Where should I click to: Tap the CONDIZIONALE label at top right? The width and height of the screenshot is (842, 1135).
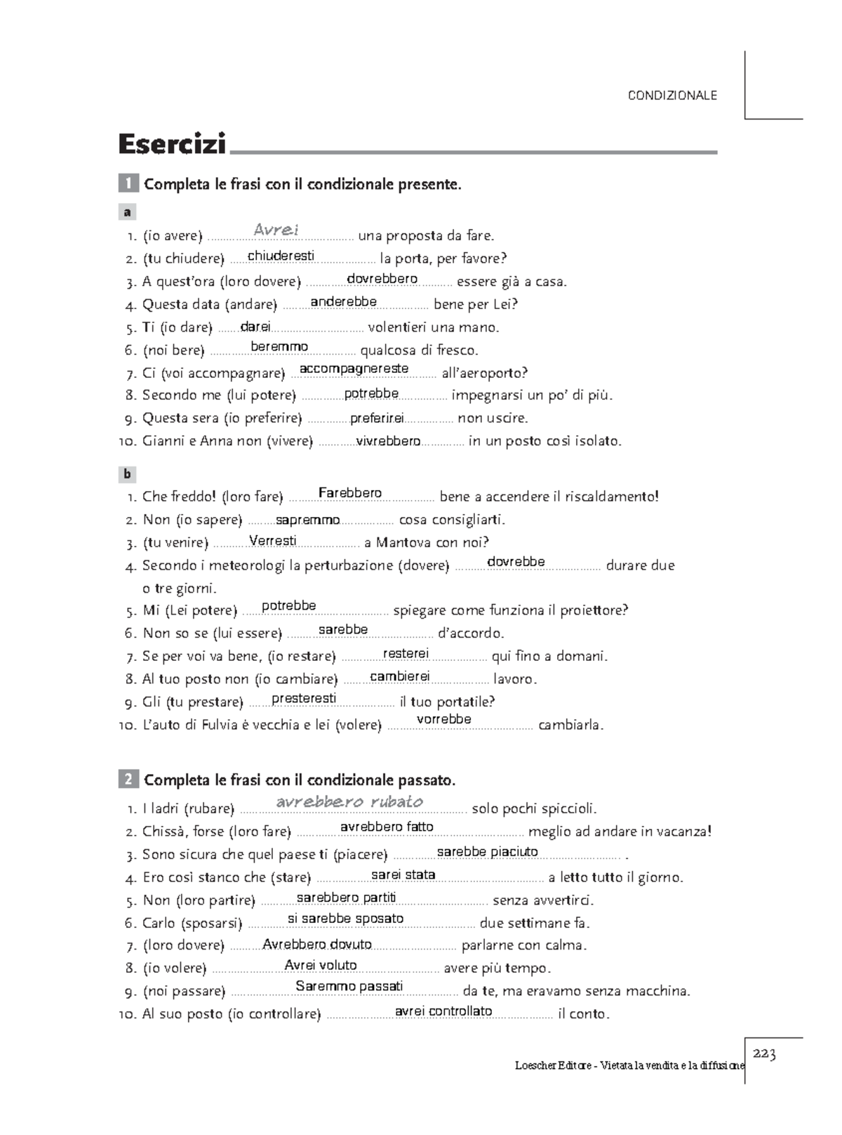tap(672, 96)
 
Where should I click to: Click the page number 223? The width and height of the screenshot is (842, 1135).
tap(764, 1054)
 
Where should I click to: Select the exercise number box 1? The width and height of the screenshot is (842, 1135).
tap(128, 184)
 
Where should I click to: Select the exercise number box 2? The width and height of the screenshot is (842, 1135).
tap(128, 780)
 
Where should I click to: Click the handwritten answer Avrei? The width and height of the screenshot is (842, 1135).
tap(276, 230)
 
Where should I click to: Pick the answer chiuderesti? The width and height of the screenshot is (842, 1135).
tap(281, 256)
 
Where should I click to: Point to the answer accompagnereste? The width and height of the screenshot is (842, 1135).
tap(354, 369)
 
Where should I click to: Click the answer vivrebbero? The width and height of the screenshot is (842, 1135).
tap(388, 441)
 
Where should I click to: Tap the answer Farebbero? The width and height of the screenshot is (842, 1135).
tap(349, 493)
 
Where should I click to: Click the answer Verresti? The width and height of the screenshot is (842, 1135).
tap(272, 541)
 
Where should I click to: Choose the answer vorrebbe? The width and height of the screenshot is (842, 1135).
tap(443, 719)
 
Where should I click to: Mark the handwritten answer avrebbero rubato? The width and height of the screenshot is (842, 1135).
tap(349, 802)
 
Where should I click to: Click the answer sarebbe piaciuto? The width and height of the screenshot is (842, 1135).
tap(487, 852)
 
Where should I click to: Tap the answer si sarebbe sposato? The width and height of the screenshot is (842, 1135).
tap(345, 919)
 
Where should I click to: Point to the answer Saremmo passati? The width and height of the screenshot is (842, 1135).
tap(349, 986)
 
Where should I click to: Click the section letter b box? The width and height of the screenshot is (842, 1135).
tap(127, 474)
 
